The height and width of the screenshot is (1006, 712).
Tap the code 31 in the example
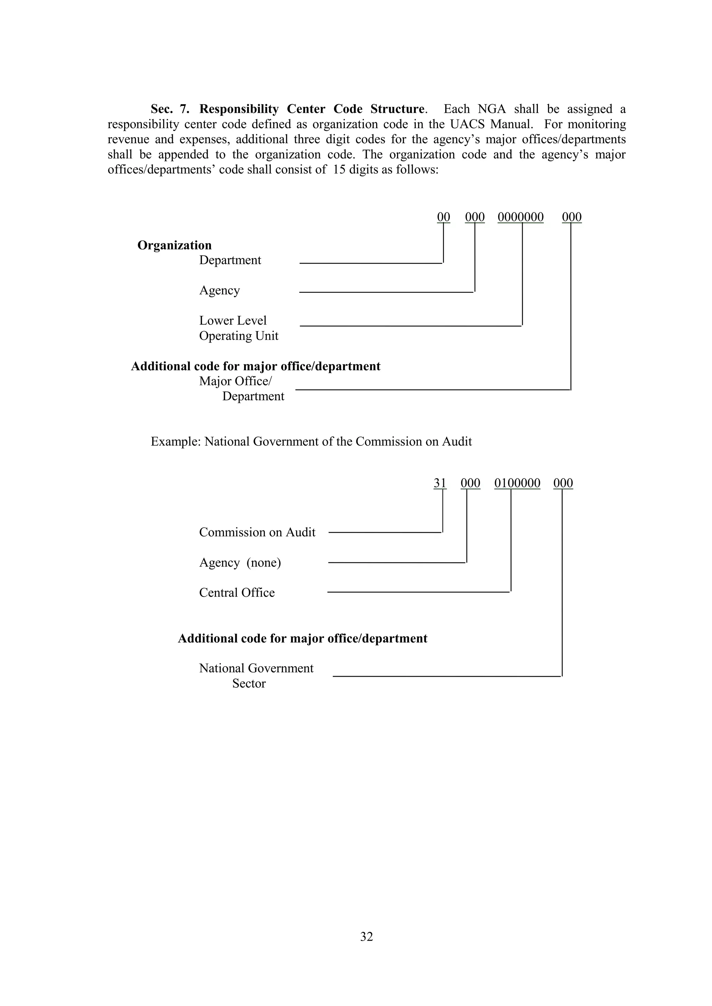coord(440,483)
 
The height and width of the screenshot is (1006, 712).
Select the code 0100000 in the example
coord(517,483)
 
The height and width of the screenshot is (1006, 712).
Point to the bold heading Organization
coord(175,245)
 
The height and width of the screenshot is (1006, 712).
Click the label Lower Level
coord(233,320)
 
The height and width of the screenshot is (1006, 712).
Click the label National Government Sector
coord(256,675)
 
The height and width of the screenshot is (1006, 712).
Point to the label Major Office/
coord(235,381)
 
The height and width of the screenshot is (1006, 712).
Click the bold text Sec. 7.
coord(170,109)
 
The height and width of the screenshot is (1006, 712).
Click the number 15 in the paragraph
coord(340,170)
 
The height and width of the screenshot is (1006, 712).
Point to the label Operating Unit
coord(239,336)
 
